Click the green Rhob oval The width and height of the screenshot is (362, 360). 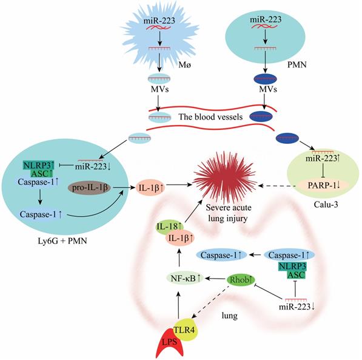(240, 279)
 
